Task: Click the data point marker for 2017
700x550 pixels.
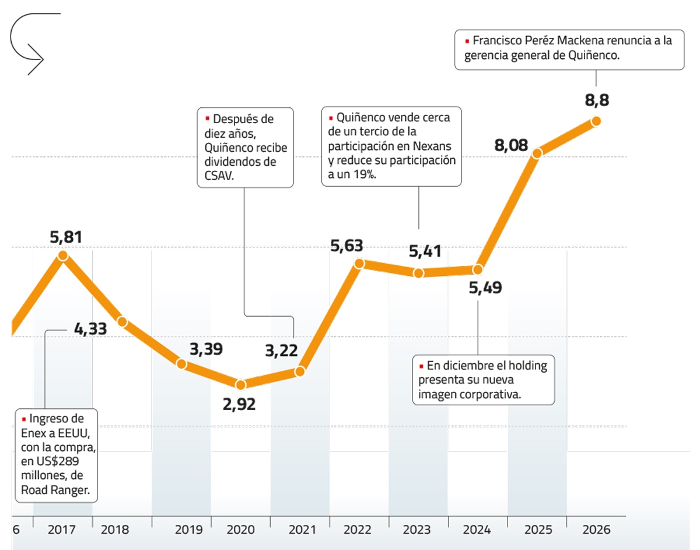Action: (63, 255)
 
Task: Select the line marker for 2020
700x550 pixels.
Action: (241, 384)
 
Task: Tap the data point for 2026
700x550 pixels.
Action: (596, 121)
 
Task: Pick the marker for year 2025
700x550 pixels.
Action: (537, 152)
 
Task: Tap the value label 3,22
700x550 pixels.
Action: (281, 351)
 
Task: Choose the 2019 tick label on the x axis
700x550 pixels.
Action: (188, 530)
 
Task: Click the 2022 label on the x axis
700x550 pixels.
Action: (358, 530)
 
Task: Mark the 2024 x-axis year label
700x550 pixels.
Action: (477, 530)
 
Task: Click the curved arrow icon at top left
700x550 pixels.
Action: (28, 44)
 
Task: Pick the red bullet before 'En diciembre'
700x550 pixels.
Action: (422, 367)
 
